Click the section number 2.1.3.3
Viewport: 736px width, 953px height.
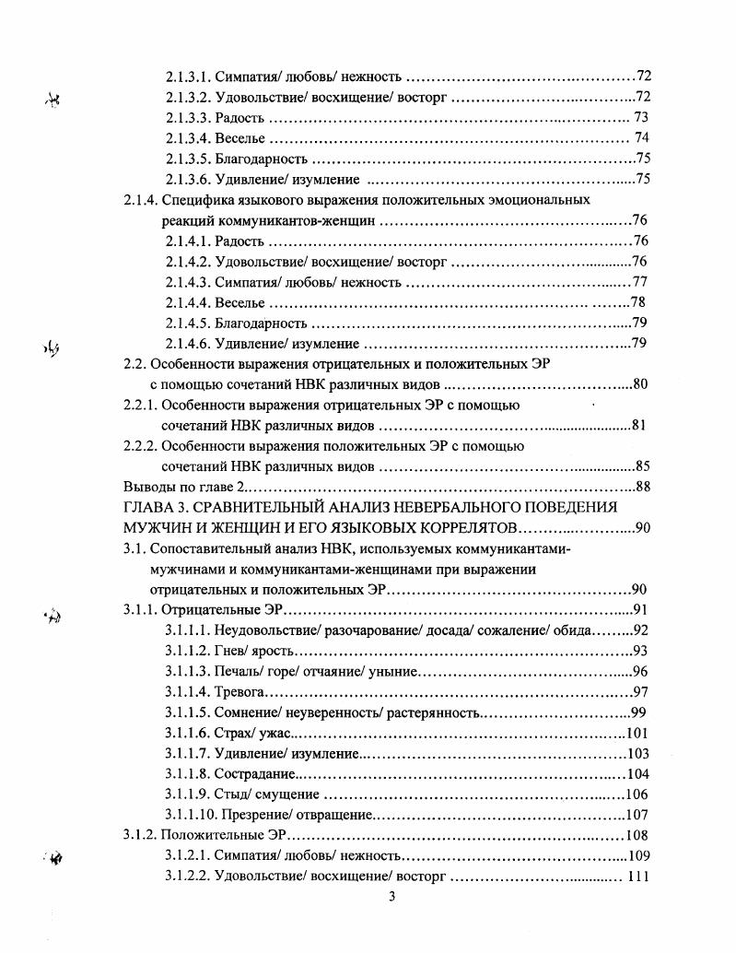pyautogui.click(x=189, y=118)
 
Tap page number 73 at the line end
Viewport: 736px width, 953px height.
pyautogui.click(x=642, y=118)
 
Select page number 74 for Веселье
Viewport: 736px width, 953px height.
pyautogui.click(x=643, y=138)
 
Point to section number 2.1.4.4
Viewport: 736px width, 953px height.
pyautogui.click(x=189, y=303)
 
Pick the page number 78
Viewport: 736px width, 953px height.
pyautogui.click(x=637, y=303)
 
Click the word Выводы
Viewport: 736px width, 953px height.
pyautogui.click(x=146, y=487)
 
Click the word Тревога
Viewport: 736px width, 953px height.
pyautogui.click(x=239, y=692)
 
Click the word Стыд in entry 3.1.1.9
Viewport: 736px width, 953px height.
pyautogui.click(x=230, y=794)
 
